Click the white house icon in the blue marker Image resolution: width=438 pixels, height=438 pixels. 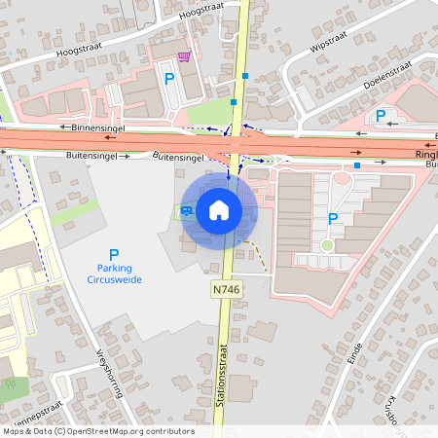click(219, 209)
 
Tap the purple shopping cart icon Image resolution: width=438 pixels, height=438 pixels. click(184, 55)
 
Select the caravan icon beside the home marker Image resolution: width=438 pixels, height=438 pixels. click(186, 210)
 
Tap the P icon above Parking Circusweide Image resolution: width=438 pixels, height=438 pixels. click(114, 255)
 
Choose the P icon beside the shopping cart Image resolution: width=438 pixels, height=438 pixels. click(168, 78)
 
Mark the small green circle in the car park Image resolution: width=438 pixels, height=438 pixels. click(327, 245)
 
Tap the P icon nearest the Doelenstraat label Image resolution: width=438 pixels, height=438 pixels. click(380, 117)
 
